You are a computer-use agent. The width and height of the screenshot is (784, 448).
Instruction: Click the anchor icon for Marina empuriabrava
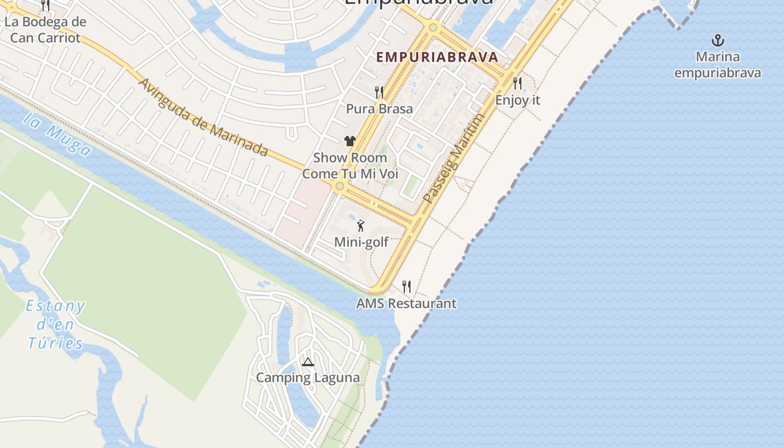click(717, 40)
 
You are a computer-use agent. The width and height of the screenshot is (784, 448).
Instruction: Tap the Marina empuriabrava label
click(717, 65)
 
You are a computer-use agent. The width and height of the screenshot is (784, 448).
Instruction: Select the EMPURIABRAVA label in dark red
click(437, 57)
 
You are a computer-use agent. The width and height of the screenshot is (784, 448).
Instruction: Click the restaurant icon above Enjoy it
click(517, 83)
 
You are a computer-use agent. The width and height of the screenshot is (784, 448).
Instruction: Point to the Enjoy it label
click(517, 100)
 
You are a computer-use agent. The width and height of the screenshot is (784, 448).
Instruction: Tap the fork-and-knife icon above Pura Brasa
click(379, 92)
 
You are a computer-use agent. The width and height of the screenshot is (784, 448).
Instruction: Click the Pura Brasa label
click(379, 109)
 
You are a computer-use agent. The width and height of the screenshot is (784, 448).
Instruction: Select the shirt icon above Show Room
click(350, 141)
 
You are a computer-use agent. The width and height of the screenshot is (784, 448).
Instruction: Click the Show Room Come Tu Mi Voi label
click(350, 166)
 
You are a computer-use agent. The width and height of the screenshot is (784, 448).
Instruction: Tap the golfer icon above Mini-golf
click(361, 226)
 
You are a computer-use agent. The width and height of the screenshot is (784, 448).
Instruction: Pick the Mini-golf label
click(361, 242)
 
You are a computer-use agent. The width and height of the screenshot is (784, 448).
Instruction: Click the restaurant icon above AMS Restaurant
click(407, 287)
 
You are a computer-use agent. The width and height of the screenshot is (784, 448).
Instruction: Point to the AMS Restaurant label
click(407, 304)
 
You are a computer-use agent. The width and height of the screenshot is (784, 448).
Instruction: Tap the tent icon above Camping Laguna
click(307, 362)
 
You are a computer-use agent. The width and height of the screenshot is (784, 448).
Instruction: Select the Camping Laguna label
click(307, 377)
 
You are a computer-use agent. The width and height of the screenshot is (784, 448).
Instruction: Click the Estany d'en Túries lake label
click(55, 325)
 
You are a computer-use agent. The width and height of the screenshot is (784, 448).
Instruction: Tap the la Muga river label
click(58, 135)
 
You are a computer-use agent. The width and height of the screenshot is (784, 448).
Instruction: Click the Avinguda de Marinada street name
click(203, 117)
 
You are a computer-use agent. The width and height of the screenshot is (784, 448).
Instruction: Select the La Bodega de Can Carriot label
click(45, 30)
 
